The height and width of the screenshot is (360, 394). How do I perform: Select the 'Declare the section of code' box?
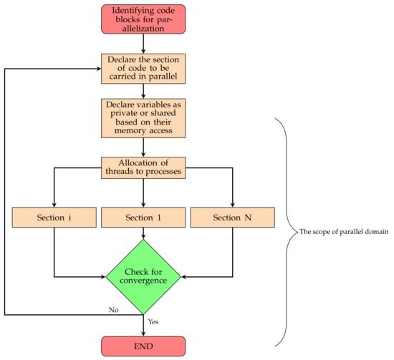pos(143,68)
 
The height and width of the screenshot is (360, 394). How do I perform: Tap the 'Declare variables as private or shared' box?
pos(143,117)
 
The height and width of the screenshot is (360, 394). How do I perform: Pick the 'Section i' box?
pos(54,217)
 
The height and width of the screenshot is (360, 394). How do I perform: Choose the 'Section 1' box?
pos(143,217)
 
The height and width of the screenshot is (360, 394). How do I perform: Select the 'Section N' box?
pos(233,217)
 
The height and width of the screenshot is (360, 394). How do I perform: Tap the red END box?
pos(143,346)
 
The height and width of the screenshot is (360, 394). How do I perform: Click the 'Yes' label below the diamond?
pos(153,322)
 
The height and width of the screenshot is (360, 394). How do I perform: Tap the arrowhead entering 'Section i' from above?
pos(54,203)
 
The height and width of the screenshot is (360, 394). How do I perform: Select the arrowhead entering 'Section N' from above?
pos(233,203)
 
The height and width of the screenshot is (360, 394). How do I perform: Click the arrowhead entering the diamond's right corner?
pos(184,276)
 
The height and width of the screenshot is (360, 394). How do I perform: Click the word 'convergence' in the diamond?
pos(143,281)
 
